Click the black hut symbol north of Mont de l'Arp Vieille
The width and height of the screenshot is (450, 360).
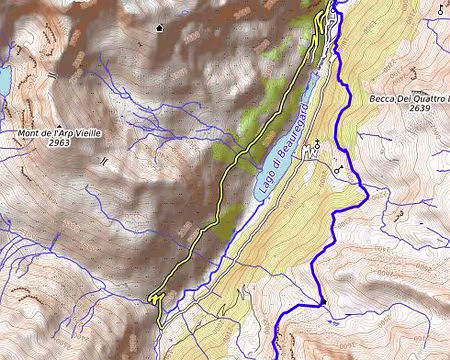(x=160, y=28)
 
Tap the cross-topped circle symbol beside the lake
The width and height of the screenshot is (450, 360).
(x=318, y=142)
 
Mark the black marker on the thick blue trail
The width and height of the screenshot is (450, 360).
(x=323, y=301)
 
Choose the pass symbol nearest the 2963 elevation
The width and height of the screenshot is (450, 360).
(x=103, y=160)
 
